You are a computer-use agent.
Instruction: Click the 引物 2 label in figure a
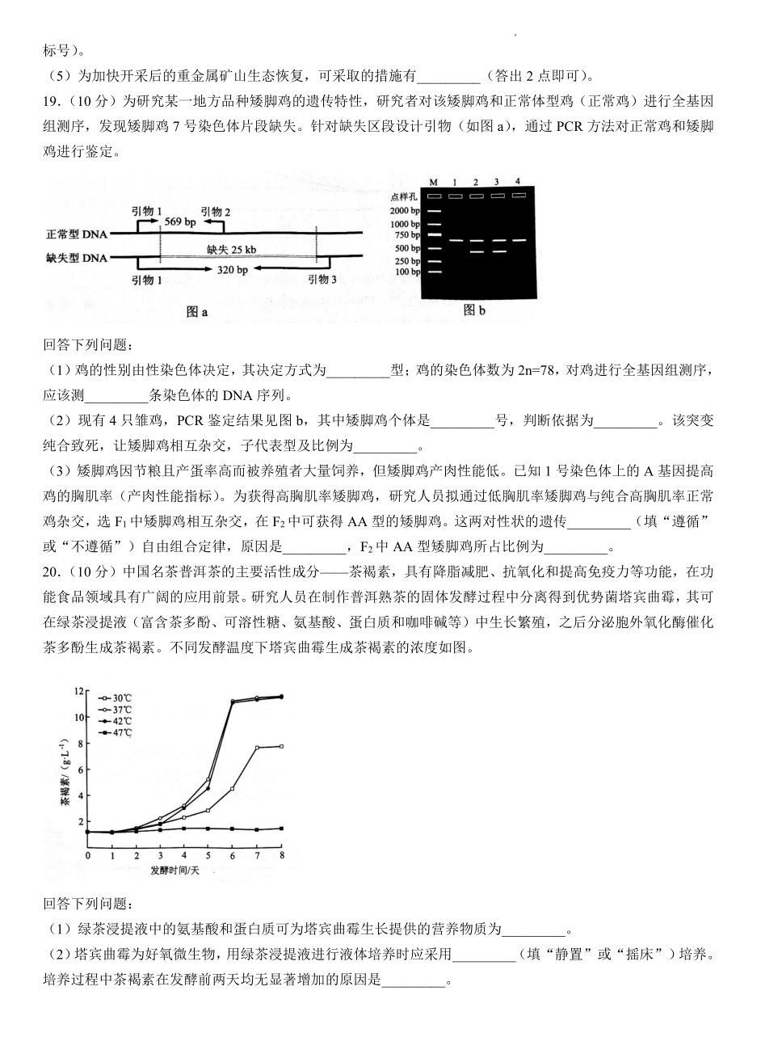click(x=216, y=212)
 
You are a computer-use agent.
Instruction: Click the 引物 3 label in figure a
click(x=323, y=279)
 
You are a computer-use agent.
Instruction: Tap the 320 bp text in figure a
click(x=233, y=270)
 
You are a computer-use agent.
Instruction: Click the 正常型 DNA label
click(x=77, y=234)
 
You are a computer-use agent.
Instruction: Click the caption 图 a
click(x=197, y=311)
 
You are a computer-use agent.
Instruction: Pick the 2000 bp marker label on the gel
click(x=405, y=210)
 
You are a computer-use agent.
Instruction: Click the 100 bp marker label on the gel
click(x=407, y=272)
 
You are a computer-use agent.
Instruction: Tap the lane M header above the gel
click(x=434, y=182)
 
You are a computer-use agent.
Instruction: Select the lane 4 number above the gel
click(x=517, y=180)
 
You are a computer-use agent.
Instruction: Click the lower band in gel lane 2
click(x=477, y=251)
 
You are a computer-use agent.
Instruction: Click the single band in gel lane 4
click(x=518, y=239)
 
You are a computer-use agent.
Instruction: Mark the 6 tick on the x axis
click(x=233, y=855)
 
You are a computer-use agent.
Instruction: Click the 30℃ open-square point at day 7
click(x=257, y=748)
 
